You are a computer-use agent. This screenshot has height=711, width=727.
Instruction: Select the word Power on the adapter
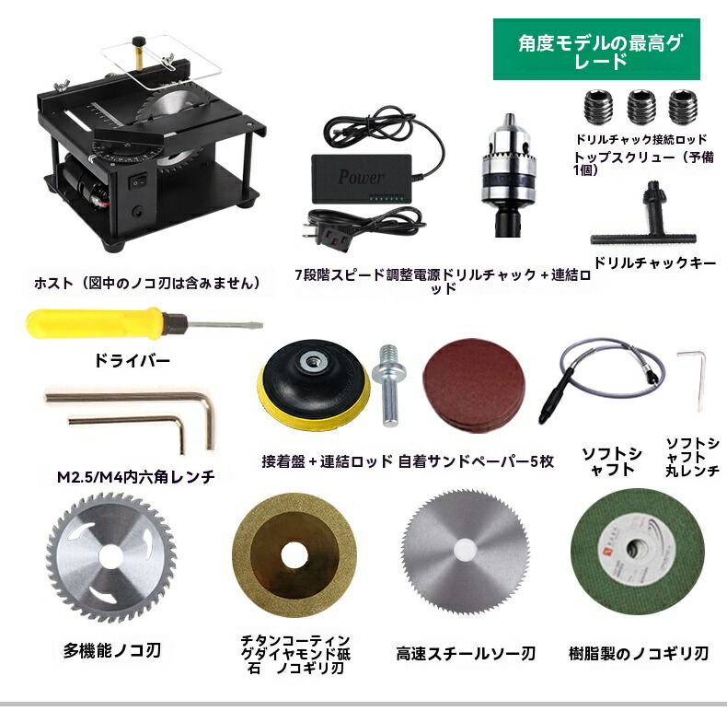click(361, 177)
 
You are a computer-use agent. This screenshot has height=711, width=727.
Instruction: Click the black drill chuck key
click(644, 218)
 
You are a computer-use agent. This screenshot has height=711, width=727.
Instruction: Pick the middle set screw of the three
click(641, 107)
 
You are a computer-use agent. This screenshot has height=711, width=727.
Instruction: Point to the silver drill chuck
click(509, 174)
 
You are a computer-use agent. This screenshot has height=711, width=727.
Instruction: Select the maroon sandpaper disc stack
click(474, 385)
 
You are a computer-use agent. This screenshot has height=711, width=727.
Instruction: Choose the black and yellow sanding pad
click(314, 384)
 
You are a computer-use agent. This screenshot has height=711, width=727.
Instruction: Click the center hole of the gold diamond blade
click(294, 555)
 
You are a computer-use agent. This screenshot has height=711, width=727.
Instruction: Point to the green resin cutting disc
click(638, 552)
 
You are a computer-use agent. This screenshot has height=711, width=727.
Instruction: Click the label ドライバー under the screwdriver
click(133, 361)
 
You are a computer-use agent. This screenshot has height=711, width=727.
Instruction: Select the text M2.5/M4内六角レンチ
click(136, 477)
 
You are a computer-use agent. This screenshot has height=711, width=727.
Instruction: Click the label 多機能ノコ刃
click(111, 650)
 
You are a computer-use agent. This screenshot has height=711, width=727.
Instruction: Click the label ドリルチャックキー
click(654, 263)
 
